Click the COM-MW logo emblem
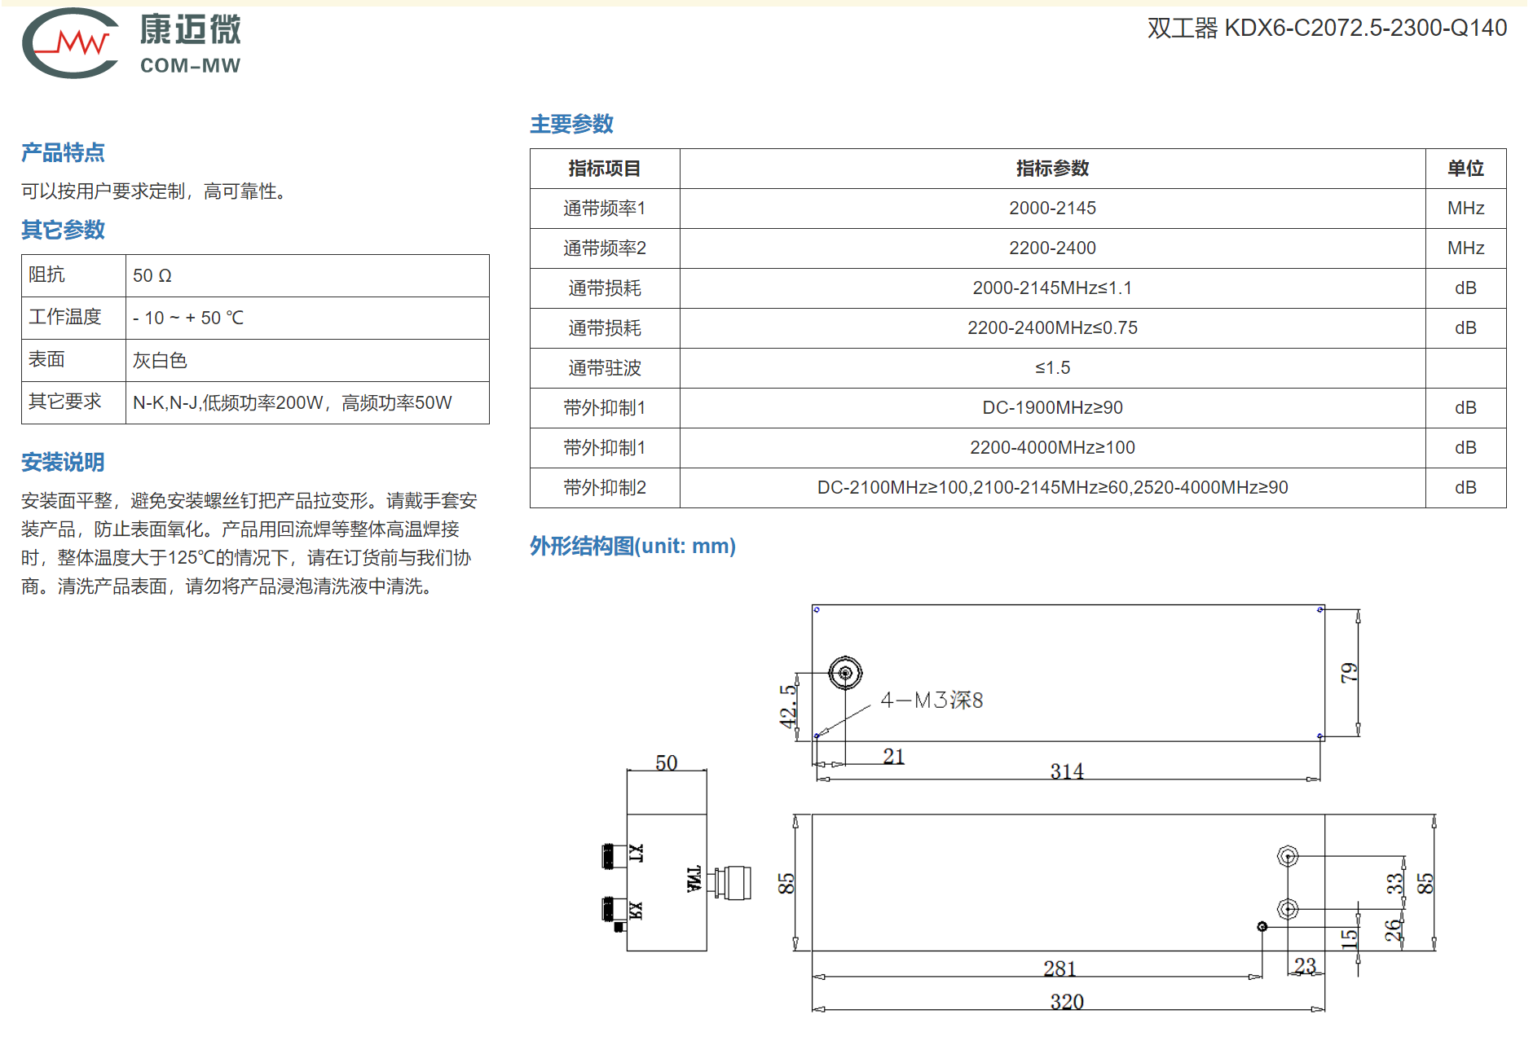(70, 43)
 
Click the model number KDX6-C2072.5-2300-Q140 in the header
(1365, 28)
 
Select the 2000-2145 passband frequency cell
(1052, 209)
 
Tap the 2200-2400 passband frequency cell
(1052, 248)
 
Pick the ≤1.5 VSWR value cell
(1052, 368)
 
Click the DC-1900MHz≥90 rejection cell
(1052, 408)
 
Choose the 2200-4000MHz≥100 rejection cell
(1052, 448)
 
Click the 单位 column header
(1465, 169)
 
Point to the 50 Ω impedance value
(152, 276)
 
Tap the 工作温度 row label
(65, 317)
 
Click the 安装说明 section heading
(63, 463)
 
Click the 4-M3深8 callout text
(932, 701)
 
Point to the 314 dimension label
(1067, 771)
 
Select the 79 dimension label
(1350, 673)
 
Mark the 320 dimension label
(1067, 1001)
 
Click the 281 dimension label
(1059, 968)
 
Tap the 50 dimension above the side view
(667, 762)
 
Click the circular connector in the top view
(845, 674)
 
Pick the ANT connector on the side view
(729, 883)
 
